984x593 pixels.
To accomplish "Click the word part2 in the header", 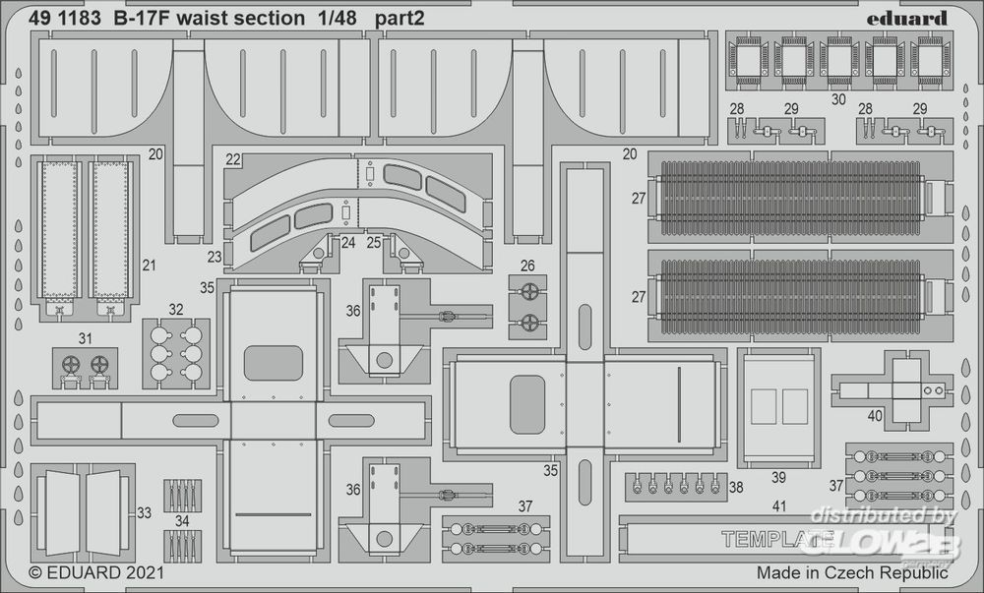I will click(400, 18).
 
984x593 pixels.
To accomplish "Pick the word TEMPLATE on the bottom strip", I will click(777, 539).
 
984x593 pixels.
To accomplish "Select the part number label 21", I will click(149, 264).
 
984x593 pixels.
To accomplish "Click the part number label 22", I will click(233, 160).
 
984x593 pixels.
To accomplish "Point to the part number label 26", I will click(527, 265).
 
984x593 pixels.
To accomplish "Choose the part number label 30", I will click(838, 98).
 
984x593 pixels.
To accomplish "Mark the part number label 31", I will click(86, 338).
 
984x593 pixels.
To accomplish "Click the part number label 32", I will click(176, 309).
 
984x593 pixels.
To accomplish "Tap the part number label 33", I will click(145, 512).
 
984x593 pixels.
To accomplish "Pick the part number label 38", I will click(736, 486).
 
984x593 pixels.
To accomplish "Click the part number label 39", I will click(778, 478).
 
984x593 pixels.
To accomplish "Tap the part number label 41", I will click(779, 507).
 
